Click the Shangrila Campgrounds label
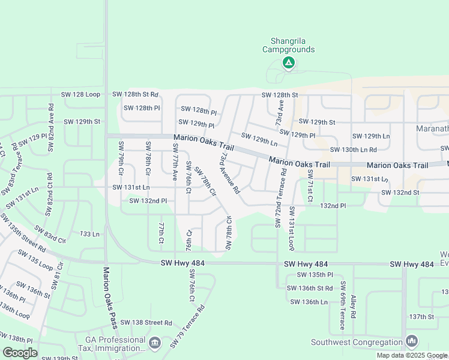(x=288, y=46)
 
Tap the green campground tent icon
(x=289, y=62)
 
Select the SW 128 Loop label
(x=80, y=95)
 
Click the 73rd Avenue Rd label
(x=230, y=173)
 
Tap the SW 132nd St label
(x=400, y=192)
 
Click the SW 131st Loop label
(x=291, y=228)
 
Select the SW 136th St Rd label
(x=311, y=288)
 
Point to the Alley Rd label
(x=354, y=306)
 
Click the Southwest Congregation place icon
(x=412, y=341)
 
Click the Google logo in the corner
(x=20, y=353)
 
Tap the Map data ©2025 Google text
(x=412, y=355)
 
